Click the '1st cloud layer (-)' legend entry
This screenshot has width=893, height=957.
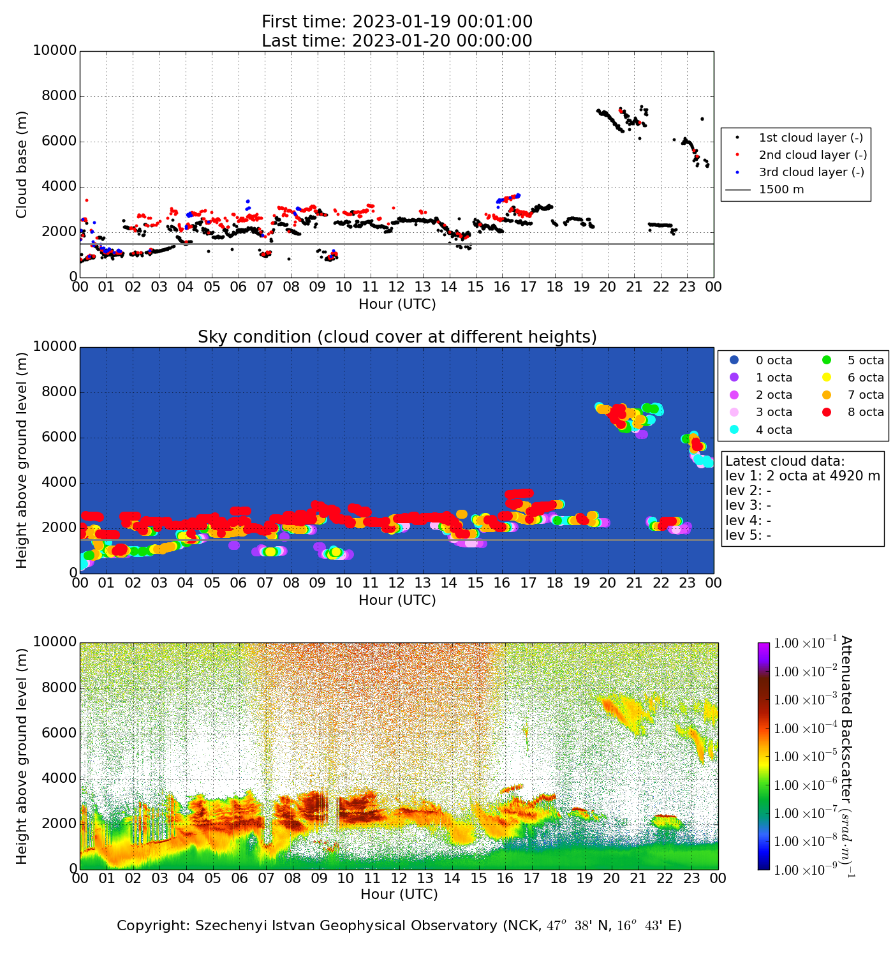point(810,138)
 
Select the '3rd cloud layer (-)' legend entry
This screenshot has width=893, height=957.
point(810,172)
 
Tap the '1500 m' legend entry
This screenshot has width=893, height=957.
point(781,189)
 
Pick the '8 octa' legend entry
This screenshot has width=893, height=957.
point(865,412)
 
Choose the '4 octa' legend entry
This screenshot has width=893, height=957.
point(774,430)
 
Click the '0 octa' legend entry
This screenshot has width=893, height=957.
point(774,360)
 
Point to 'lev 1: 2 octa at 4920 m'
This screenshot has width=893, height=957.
point(802,476)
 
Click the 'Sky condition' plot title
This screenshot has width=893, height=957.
point(397,337)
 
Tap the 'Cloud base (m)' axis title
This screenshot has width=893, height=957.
point(22,164)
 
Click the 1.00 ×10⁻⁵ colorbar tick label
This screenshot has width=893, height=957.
point(805,757)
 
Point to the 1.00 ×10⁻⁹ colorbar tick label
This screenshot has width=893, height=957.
point(805,870)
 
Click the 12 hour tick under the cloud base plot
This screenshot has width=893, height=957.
point(397,287)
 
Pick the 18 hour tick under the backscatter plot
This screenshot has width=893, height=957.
point(558,879)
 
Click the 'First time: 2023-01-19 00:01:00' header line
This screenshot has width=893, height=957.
point(397,22)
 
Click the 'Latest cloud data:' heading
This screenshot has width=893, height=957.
point(785,461)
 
